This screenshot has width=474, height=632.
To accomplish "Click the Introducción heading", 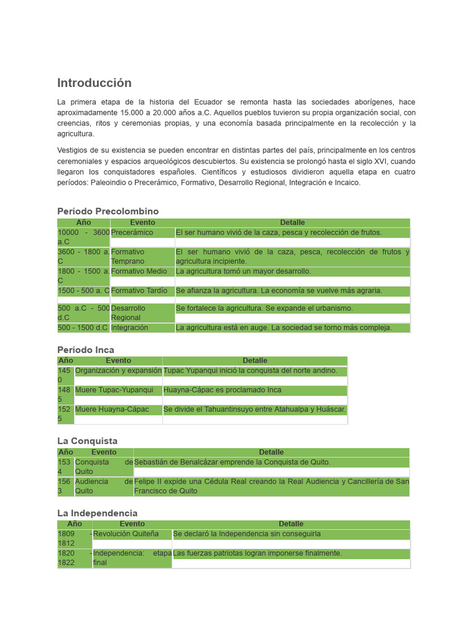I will [x=94, y=83].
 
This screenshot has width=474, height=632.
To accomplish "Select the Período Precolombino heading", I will [x=108, y=211].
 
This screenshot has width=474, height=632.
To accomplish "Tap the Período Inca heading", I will [x=86, y=350].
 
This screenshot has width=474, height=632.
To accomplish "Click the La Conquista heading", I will [x=87, y=441].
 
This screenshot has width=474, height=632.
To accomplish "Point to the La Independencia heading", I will [x=98, y=513].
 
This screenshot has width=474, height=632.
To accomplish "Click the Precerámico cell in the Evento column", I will [x=132, y=233].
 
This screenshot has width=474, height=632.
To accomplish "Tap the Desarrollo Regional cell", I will [x=128, y=313].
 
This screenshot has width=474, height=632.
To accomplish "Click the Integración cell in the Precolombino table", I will [x=130, y=328].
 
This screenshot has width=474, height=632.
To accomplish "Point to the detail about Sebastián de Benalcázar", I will [x=233, y=462].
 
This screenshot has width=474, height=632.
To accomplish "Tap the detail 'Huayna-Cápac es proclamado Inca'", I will [x=222, y=390].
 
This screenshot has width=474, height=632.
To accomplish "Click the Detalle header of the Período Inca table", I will [x=255, y=360].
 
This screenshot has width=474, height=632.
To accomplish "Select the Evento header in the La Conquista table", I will [x=104, y=452].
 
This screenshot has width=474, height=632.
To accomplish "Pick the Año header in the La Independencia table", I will [x=75, y=524].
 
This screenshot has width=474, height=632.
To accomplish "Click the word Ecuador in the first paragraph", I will [x=208, y=102].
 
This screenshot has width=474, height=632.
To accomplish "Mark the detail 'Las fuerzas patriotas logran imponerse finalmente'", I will [x=257, y=554].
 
